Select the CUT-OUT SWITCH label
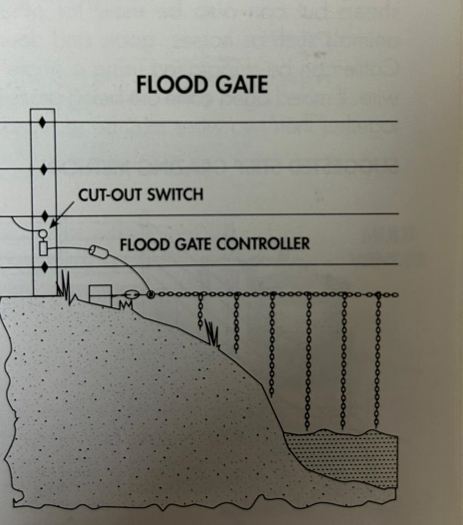(x=141, y=194)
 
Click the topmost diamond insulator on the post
(x=43, y=122)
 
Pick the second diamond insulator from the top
(x=43, y=168)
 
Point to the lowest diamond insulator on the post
(x=43, y=267)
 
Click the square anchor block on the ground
(x=100, y=294)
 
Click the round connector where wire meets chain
(x=150, y=294)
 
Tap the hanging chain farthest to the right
(x=378, y=360)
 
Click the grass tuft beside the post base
(x=66, y=287)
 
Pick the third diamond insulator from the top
(x=43, y=214)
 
